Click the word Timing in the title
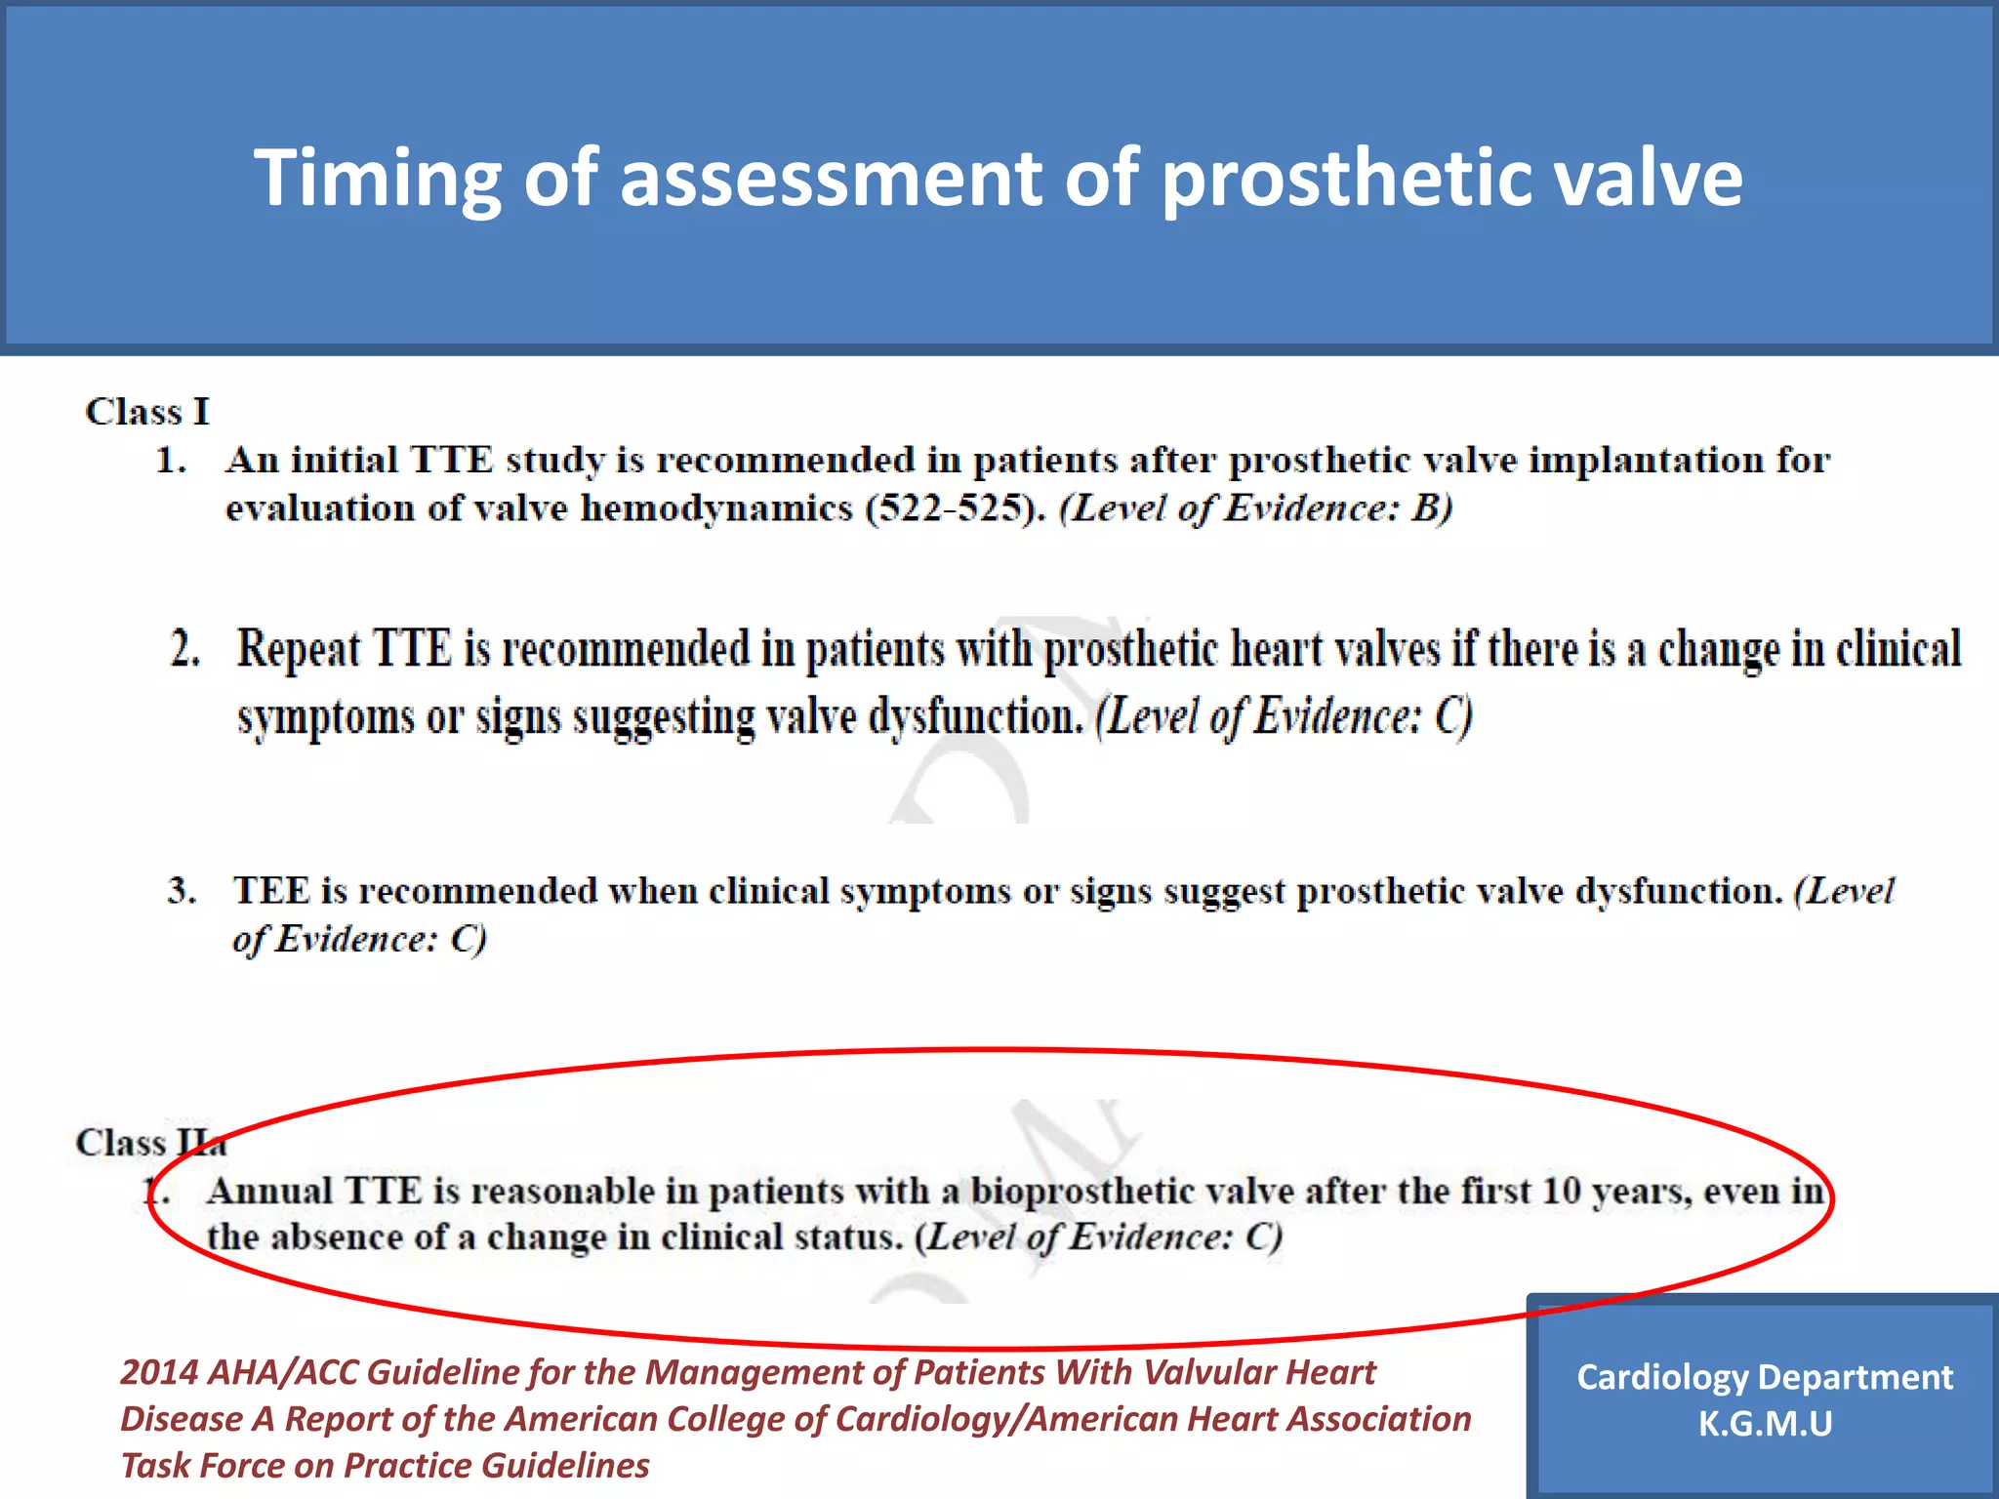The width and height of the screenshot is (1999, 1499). point(377,179)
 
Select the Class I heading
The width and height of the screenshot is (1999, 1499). point(147,412)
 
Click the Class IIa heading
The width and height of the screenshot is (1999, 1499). point(151,1143)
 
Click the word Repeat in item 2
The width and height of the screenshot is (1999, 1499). point(299,650)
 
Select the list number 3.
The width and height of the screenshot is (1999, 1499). point(182,891)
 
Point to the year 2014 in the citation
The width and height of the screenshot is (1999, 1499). point(158,1373)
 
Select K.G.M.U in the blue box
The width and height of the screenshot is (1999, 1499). point(1765,1424)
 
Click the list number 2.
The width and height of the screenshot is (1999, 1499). point(185,650)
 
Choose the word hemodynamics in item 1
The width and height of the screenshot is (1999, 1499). point(717,508)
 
